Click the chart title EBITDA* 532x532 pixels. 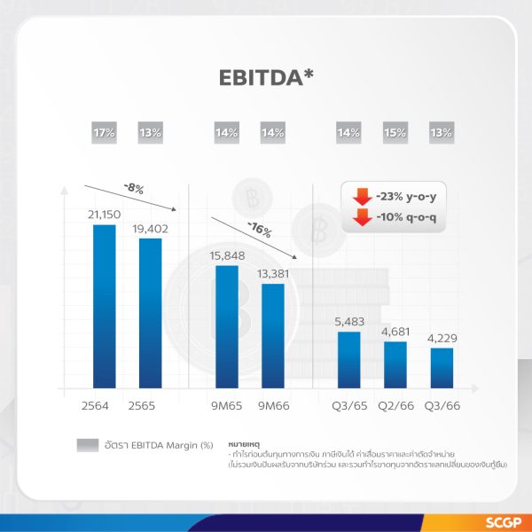[x=266, y=78]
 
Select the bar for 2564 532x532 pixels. [x=105, y=306]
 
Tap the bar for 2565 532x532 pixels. [x=150, y=313]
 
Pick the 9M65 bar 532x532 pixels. [x=226, y=326]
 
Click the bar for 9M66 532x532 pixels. [x=272, y=335]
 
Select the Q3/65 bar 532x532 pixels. [x=349, y=359]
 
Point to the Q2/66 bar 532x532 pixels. [x=395, y=364]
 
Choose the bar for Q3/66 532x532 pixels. [x=441, y=367]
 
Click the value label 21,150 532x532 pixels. [x=105, y=214]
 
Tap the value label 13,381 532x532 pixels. [x=272, y=273]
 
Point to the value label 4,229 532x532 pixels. [x=441, y=337]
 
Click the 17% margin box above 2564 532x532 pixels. [x=105, y=133]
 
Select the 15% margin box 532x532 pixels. [x=395, y=133]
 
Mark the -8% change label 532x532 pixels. [x=134, y=189]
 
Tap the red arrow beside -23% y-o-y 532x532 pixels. [x=362, y=196]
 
